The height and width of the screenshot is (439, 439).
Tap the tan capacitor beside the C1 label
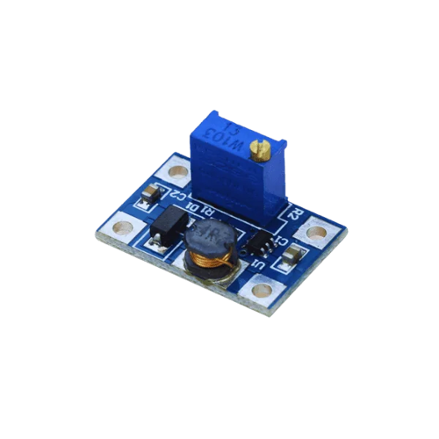click(291, 255)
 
